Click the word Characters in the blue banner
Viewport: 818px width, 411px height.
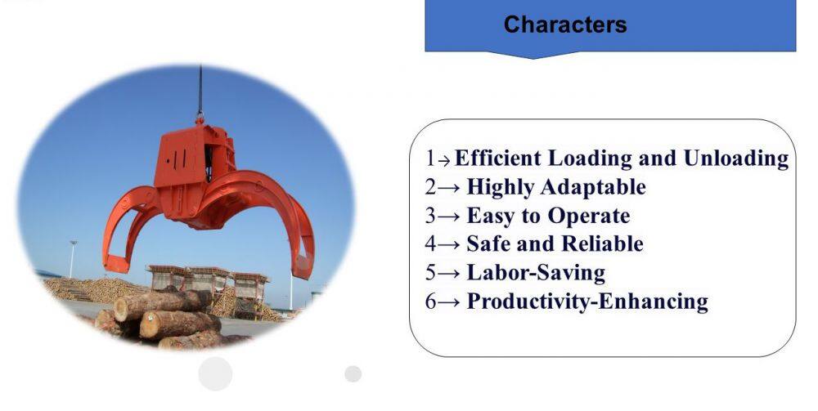pos(565,25)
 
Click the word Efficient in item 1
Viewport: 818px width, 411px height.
pos(497,158)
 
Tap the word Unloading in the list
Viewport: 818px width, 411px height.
pos(736,159)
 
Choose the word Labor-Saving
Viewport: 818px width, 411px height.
pos(536,273)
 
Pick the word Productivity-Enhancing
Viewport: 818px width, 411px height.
pos(587,302)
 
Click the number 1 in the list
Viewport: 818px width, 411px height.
pos(430,159)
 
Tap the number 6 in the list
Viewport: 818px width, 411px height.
pos(430,302)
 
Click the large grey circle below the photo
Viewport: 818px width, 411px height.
pos(215,373)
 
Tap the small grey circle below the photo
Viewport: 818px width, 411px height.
pos(353,373)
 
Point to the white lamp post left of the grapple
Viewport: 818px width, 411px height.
pos(73,259)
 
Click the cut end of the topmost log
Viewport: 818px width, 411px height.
pos(121,309)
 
